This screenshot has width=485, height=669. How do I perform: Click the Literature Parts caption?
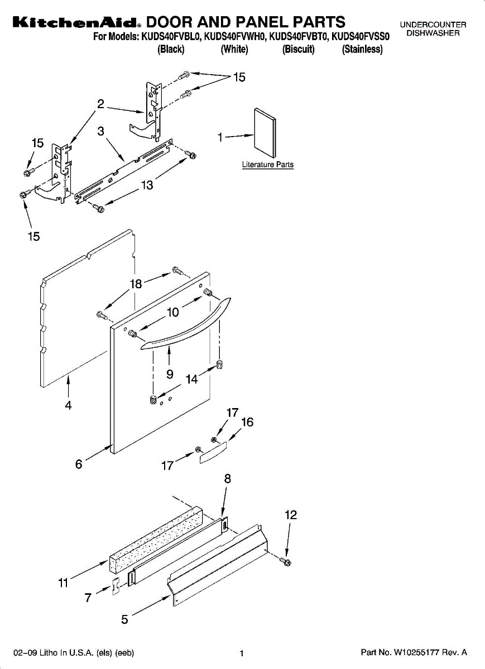pyautogui.click(x=267, y=165)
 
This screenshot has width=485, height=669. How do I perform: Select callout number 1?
pyautogui.click(x=220, y=137)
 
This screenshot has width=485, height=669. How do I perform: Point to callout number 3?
pyautogui.click(x=101, y=132)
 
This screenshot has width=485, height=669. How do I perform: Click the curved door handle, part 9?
pyautogui.click(x=184, y=329)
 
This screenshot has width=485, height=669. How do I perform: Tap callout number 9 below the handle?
pyautogui.click(x=169, y=375)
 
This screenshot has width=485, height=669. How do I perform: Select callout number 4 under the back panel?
pyautogui.click(x=68, y=406)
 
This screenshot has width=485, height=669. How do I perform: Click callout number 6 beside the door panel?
pyautogui.click(x=79, y=463)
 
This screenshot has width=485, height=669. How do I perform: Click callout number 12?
pyautogui.click(x=291, y=515)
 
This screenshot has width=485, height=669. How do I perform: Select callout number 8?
pyautogui.click(x=228, y=478)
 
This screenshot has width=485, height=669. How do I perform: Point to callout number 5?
pyautogui.click(x=125, y=619)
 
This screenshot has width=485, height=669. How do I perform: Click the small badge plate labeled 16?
pyautogui.click(x=212, y=450)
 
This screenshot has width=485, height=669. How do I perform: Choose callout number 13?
pyautogui.click(x=147, y=185)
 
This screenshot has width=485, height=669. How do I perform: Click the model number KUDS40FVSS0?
pyautogui.click(x=361, y=37)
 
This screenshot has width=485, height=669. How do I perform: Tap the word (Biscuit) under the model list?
pyautogui.click(x=299, y=49)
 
